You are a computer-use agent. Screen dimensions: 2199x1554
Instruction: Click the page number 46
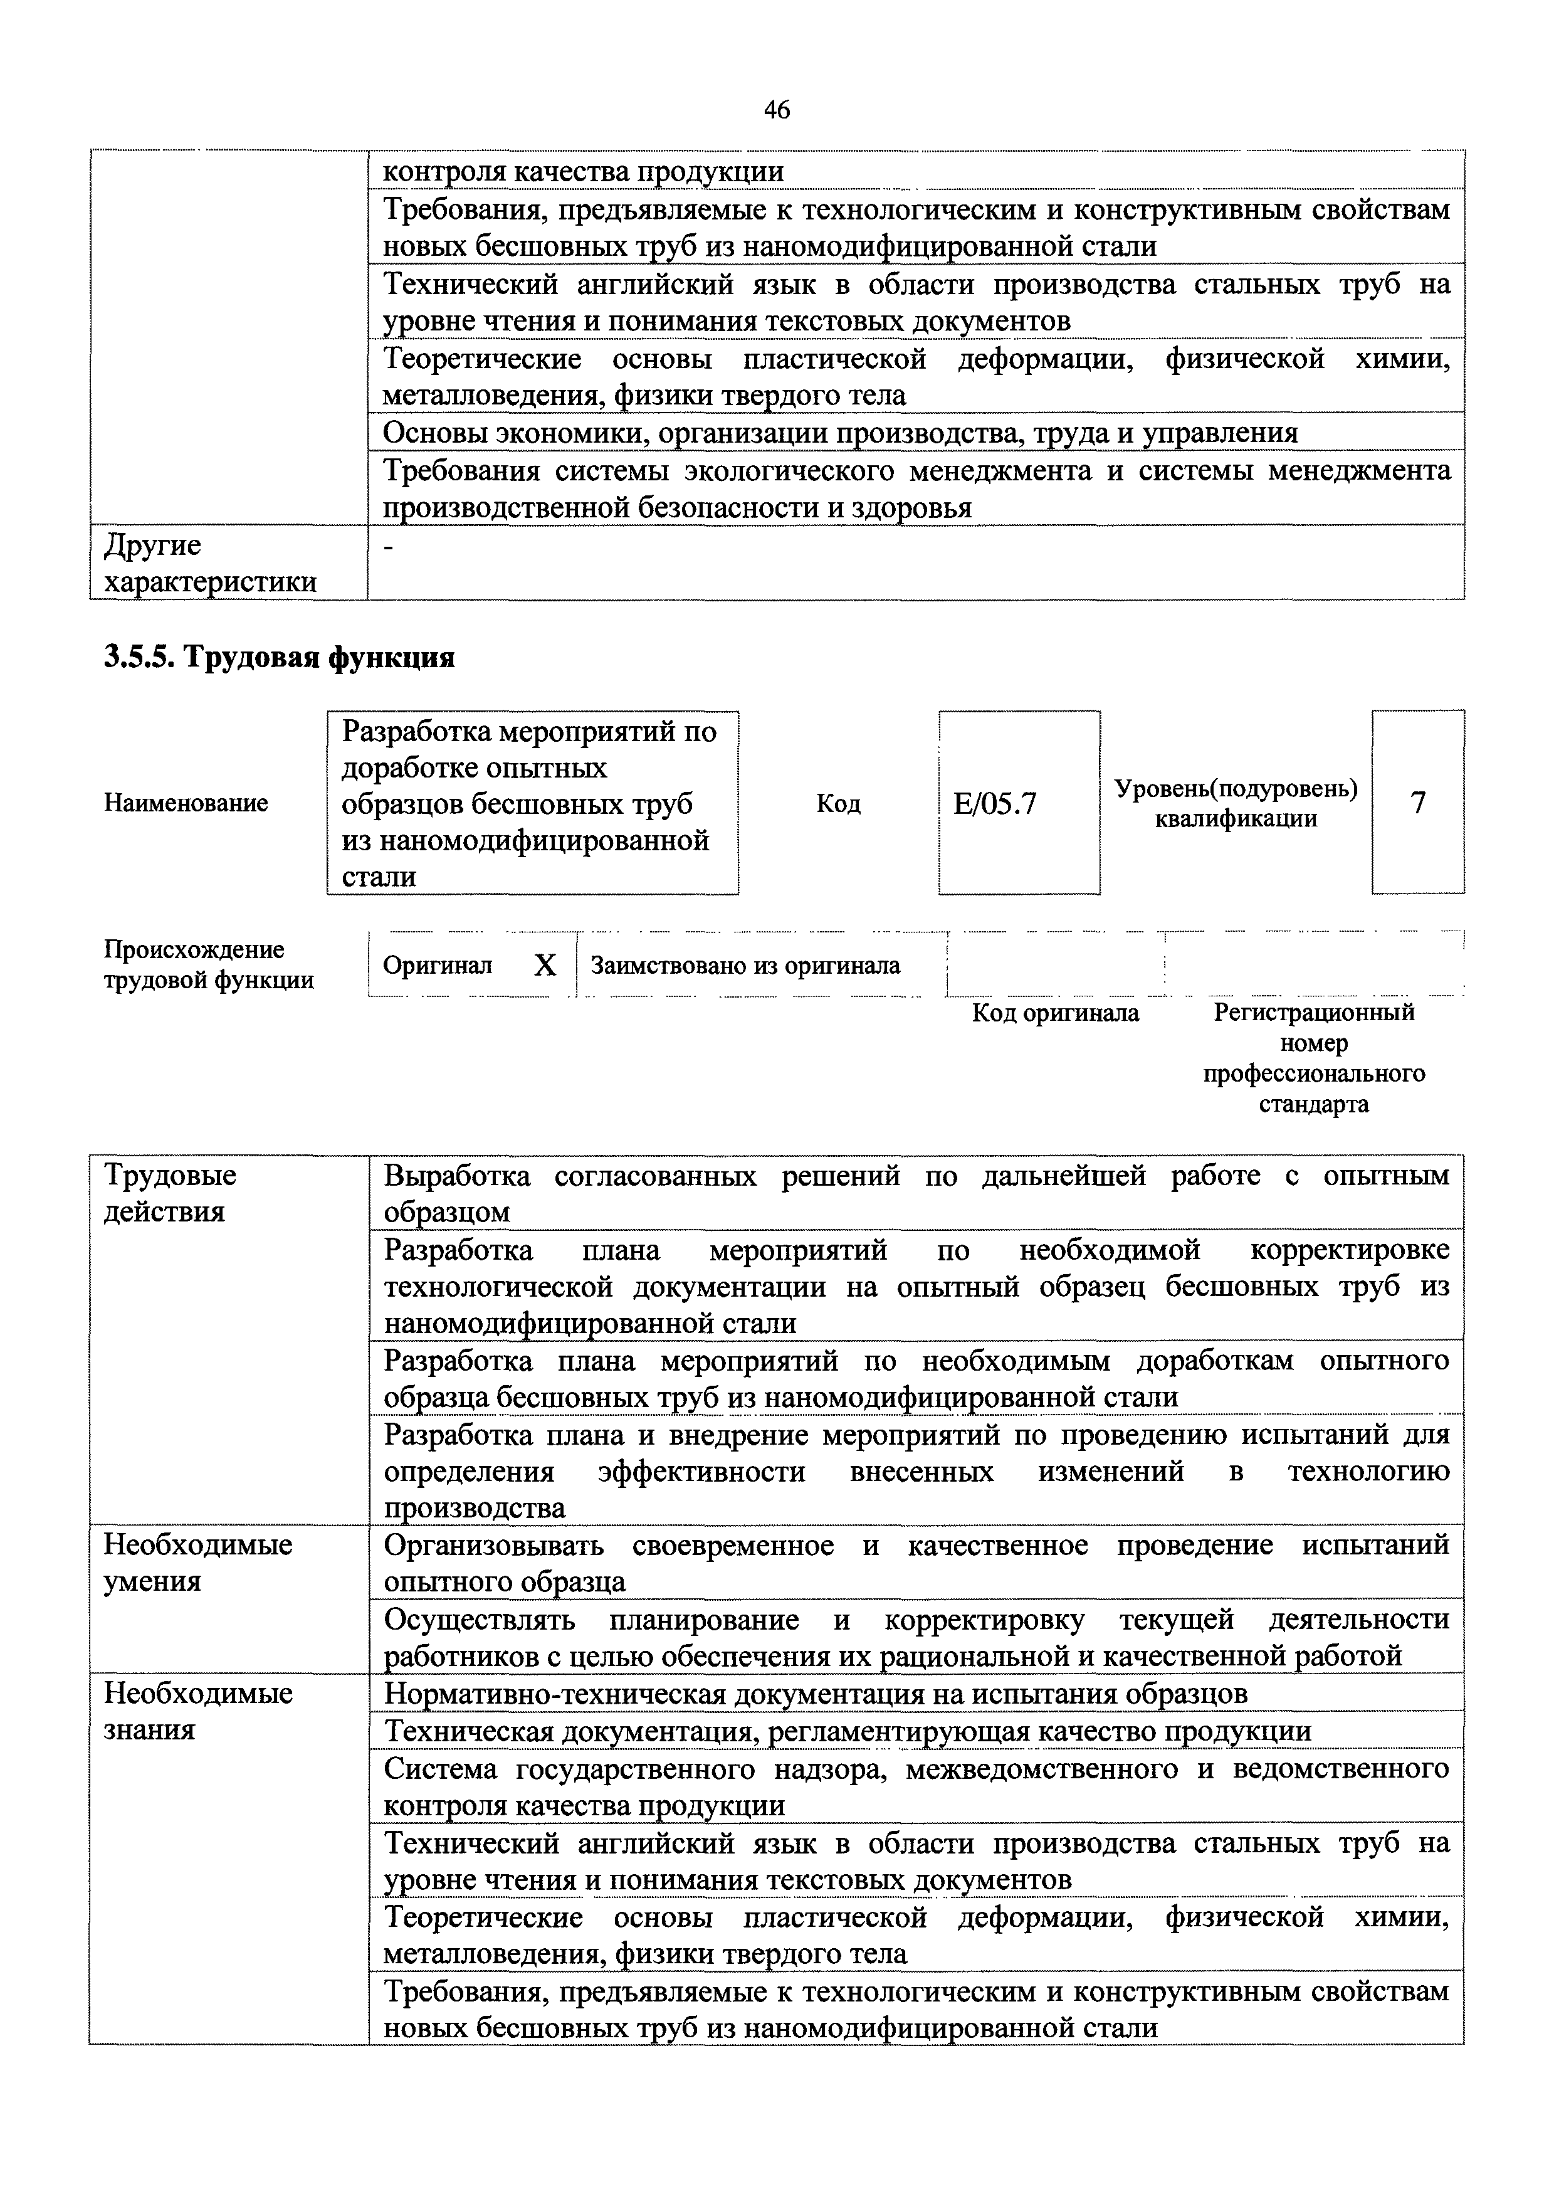777,110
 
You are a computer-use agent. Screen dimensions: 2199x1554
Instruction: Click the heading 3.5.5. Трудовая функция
278,657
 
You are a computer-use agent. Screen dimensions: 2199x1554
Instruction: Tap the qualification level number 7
1417,801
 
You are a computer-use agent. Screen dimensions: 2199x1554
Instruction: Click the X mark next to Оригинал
544,966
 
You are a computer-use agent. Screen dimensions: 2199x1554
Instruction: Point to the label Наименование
186,803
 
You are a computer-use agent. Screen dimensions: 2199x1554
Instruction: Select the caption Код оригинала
1055,1013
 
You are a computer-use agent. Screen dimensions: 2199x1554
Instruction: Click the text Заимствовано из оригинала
745,966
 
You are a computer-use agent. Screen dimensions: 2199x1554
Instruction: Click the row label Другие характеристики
209,563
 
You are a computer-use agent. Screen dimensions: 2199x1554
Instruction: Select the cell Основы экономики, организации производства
840,433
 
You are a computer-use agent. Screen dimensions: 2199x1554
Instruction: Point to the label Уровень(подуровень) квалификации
1235,803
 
